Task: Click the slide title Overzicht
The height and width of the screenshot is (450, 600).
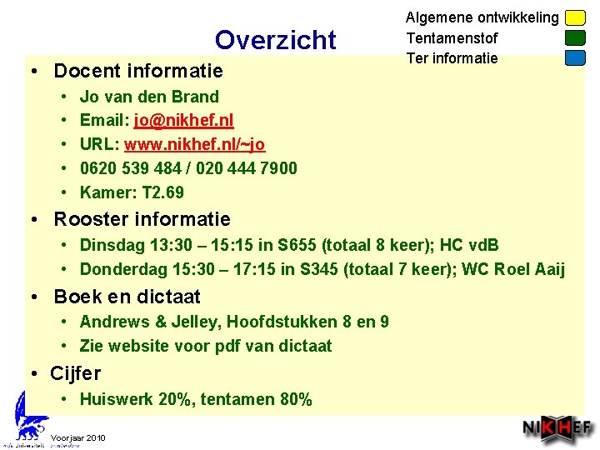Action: coord(275,39)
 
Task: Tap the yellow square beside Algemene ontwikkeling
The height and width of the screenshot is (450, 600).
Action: coord(575,17)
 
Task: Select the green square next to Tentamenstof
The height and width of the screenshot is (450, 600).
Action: coord(575,37)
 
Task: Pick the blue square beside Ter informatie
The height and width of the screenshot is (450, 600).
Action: coord(575,57)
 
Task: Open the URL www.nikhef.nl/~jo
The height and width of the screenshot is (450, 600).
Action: coord(194,145)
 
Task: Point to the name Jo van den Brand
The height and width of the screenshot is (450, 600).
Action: coord(149,97)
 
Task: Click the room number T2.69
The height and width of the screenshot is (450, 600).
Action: coord(163,192)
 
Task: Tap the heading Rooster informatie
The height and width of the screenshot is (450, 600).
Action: coord(142,219)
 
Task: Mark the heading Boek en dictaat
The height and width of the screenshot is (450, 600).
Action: coord(127,297)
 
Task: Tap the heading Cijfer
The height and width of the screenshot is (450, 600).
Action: coord(75,372)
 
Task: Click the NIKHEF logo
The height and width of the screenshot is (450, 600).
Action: coord(557,429)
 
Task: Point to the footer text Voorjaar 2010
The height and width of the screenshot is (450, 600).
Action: coord(77,437)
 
